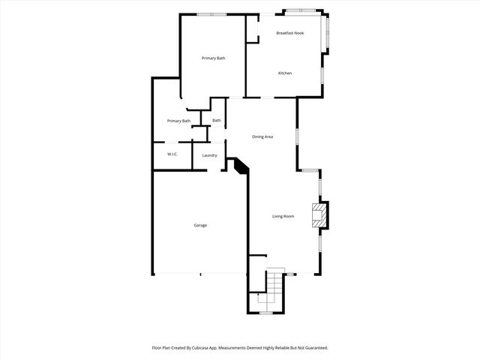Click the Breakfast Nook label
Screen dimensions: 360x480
click(x=289, y=33)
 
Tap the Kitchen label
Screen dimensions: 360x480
click(x=285, y=73)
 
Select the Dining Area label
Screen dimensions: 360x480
click(x=262, y=136)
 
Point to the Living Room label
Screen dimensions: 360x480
click(x=283, y=216)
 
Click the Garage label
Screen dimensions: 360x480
click(x=200, y=225)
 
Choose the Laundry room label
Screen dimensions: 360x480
click(x=210, y=155)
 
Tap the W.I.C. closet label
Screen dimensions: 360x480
click(x=172, y=154)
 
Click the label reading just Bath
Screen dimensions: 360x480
click(x=217, y=120)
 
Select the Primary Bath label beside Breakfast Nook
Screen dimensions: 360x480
click(x=214, y=58)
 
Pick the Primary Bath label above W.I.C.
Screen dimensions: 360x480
click(x=178, y=121)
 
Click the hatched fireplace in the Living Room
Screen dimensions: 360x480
click(x=320, y=214)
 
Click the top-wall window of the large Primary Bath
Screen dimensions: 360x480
click(x=211, y=13)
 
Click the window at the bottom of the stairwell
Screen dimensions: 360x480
click(x=265, y=312)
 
